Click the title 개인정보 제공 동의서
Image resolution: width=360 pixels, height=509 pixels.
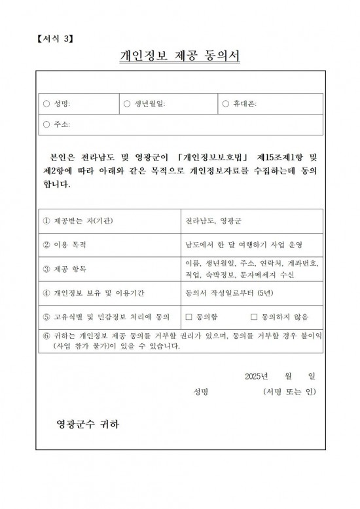point(180,58)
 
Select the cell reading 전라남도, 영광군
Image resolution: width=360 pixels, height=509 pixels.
point(213,221)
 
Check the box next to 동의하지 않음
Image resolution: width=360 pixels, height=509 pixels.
point(254,317)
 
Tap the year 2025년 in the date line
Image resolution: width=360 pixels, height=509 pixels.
point(257,376)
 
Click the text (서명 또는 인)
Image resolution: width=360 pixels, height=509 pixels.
point(289,392)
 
